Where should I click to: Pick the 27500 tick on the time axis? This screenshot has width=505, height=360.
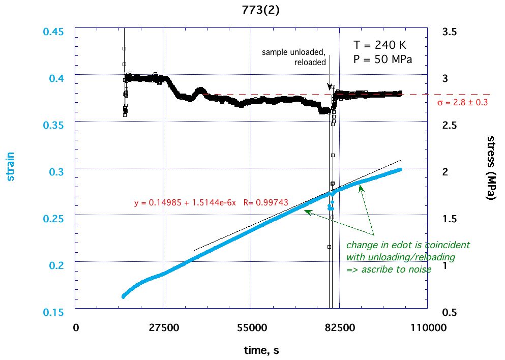[x=163, y=328]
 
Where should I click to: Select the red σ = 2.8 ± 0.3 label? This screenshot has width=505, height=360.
[x=462, y=103]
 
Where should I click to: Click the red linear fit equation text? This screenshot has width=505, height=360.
[x=212, y=202]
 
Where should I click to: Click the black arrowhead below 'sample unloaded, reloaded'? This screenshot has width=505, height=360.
[x=330, y=87]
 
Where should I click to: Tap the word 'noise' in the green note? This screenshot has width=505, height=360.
[x=420, y=269]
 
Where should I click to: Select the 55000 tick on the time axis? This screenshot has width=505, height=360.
[x=251, y=328]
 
